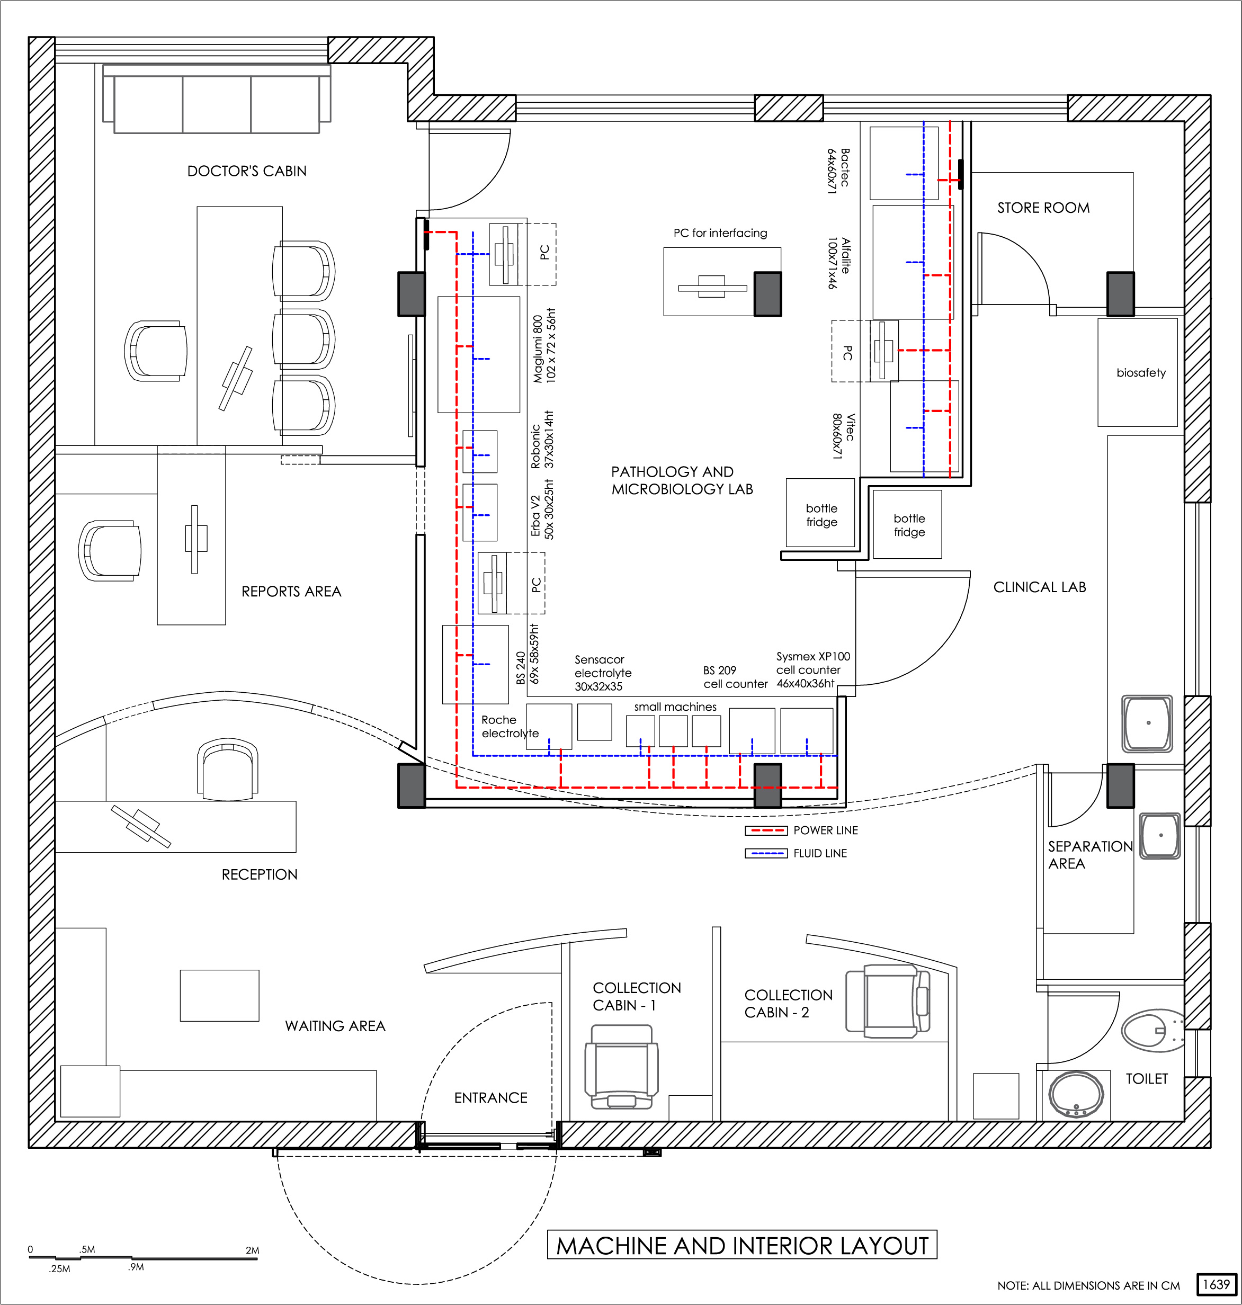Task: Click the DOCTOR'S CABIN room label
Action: click(x=247, y=171)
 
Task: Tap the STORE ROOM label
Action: click(x=1043, y=208)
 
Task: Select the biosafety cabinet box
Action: click(x=1138, y=372)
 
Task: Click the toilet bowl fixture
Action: click(x=1152, y=1030)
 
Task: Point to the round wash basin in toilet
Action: click(x=1076, y=1094)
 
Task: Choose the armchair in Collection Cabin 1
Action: click(x=622, y=1067)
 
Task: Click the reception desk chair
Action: click(x=228, y=770)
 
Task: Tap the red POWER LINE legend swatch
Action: click(x=766, y=830)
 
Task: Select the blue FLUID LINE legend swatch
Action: click(x=766, y=853)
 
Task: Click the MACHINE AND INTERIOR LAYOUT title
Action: click(x=742, y=1245)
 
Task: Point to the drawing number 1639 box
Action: click(x=1216, y=1284)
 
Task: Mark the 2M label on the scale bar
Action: click(x=252, y=1250)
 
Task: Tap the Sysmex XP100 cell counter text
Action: click(x=813, y=670)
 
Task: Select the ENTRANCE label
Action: click(x=490, y=1098)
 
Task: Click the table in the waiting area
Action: click(x=220, y=995)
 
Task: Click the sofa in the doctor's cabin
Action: click(x=217, y=100)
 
